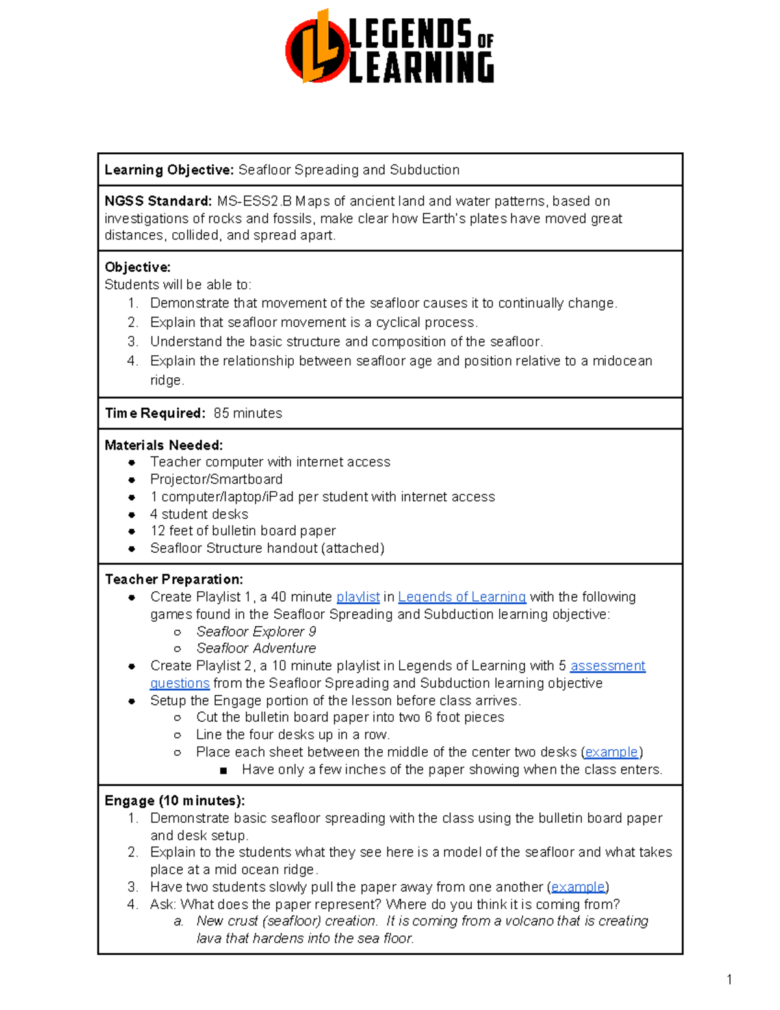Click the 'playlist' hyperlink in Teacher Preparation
pyautogui.click(x=357, y=597)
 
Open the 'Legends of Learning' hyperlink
pyautogui.click(x=461, y=597)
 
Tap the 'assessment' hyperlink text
pyautogui.click(x=608, y=666)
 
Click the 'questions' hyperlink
pyautogui.click(x=179, y=684)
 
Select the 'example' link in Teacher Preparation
pyautogui.click(x=611, y=752)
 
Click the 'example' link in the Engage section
pyautogui.click(x=578, y=887)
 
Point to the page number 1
pyautogui.click(x=729, y=979)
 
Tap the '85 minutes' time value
pyautogui.click(x=248, y=414)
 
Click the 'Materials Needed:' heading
pyautogui.click(x=164, y=445)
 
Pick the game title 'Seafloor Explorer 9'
pyautogui.click(x=256, y=632)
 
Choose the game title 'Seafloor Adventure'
pyautogui.click(x=256, y=648)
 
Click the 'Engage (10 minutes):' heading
pyautogui.click(x=175, y=801)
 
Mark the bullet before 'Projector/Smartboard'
pyautogui.click(x=132, y=480)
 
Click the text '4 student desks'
pyautogui.click(x=199, y=514)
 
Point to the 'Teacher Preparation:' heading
pyautogui.click(x=174, y=579)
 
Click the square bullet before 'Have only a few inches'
pyautogui.click(x=224, y=771)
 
